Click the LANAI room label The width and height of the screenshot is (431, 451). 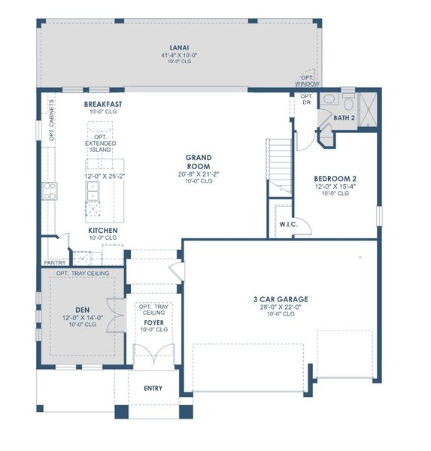click(179, 47)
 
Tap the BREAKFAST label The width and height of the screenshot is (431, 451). click(103, 104)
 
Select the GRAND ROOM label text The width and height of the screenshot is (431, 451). click(199, 162)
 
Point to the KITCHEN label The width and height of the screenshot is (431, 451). click(103, 230)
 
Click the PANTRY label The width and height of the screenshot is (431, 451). click(54, 262)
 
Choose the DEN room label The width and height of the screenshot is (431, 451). click(82, 308)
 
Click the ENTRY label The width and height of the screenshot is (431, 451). click(153, 388)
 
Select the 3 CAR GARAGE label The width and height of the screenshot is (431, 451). click(280, 299)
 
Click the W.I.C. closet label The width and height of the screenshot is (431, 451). click(288, 223)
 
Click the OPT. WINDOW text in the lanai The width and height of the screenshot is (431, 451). click(307, 80)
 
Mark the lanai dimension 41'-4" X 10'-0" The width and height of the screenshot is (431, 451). click(179, 55)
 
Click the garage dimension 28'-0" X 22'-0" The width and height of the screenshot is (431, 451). click(280, 307)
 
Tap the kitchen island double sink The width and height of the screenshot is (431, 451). click(93, 197)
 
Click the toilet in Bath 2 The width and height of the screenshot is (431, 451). click(329, 101)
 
